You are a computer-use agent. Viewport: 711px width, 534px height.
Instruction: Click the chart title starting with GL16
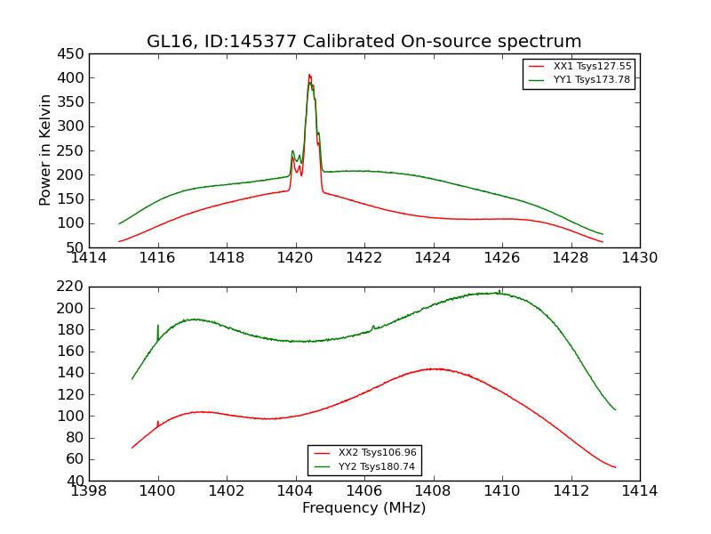pos(364,42)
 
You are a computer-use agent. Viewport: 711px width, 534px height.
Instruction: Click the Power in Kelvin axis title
pos(45,150)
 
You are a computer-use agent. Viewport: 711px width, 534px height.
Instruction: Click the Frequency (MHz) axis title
pos(364,508)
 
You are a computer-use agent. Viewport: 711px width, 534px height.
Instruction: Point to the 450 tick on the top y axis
pos(72,53)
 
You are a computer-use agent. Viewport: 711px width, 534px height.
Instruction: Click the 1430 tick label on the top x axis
pos(639,258)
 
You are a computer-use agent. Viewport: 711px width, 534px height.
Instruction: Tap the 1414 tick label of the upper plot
pos(89,258)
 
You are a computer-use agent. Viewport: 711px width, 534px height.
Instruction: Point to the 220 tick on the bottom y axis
pos(72,287)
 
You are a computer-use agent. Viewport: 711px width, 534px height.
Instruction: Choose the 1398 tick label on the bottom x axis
pos(89,491)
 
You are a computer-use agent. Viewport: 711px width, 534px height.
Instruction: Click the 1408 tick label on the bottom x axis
pos(433,491)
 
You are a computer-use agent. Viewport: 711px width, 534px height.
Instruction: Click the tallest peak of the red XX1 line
pos(309,76)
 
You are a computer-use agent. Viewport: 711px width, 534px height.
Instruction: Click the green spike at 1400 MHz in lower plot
pos(158,327)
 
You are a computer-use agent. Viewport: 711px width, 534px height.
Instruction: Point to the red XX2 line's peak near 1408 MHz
pos(434,368)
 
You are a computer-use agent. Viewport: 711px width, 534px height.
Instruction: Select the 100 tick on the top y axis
pos(72,223)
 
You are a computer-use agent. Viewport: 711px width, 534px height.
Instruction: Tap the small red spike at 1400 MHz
pos(158,422)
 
